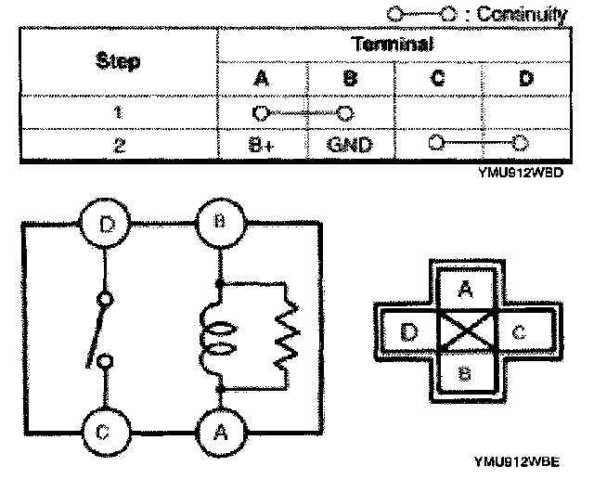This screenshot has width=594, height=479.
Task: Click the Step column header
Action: (x=118, y=62)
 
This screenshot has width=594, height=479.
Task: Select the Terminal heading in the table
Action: (x=394, y=45)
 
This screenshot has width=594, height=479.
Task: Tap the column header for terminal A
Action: (x=260, y=79)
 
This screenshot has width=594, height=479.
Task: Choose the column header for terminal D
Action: (x=525, y=79)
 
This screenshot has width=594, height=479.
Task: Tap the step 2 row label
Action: (x=118, y=145)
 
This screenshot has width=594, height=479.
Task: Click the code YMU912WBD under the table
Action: (x=530, y=172)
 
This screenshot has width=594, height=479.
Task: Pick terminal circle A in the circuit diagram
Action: (x=219, y=431)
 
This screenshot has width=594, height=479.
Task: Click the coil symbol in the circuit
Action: (x=216, y=334)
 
